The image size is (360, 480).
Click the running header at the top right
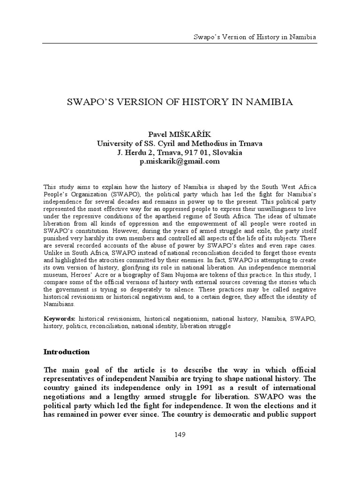255,37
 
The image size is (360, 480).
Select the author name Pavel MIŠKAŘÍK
180,135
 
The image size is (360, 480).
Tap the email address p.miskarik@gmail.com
180,161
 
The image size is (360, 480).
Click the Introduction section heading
67,352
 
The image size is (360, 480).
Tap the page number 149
180,435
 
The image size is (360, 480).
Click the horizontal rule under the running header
180,43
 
